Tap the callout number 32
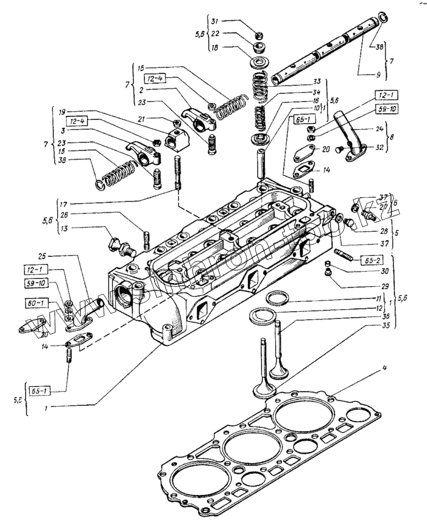click(x=379, y=148)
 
